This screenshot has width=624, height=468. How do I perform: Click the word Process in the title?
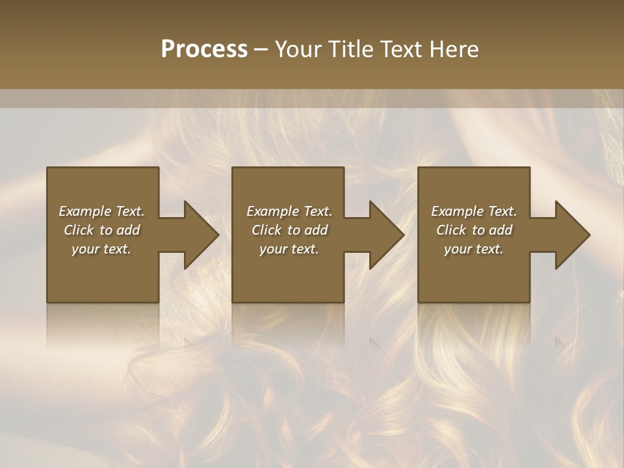[x=204, y=49]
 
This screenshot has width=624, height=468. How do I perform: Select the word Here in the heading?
[x=454, y=49]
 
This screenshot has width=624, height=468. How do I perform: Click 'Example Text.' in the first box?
[x=101, y=211]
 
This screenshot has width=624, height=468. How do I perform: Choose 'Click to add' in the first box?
[x=101, y=230]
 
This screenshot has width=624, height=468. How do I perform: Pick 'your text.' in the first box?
[x=101, y=249]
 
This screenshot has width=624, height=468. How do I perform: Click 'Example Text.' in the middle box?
[x=289, y=211]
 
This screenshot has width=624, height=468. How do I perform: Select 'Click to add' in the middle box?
[x=289, y=230]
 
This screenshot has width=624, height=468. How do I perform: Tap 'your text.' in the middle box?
[x=289, y=249]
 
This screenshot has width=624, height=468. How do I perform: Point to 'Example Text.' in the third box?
[x=474, y=211]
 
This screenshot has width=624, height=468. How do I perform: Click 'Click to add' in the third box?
[x=474, y=230]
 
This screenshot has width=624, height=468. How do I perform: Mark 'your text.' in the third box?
[x=474, y=249]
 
